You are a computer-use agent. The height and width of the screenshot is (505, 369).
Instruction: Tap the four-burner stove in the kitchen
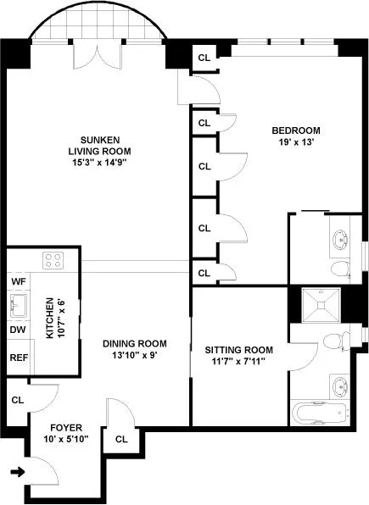click(x=53, y=261)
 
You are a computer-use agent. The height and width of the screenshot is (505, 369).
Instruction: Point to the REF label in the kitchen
click(x=19, y=358)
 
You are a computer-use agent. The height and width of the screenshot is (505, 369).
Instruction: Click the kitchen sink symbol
click(x=18, y=305)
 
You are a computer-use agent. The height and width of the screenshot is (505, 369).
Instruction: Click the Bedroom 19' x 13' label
click(x=295, y=136)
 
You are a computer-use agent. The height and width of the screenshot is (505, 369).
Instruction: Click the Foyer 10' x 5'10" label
click(x=66, y=434)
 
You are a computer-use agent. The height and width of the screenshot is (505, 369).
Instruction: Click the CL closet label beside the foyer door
click(x=121, y=439)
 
